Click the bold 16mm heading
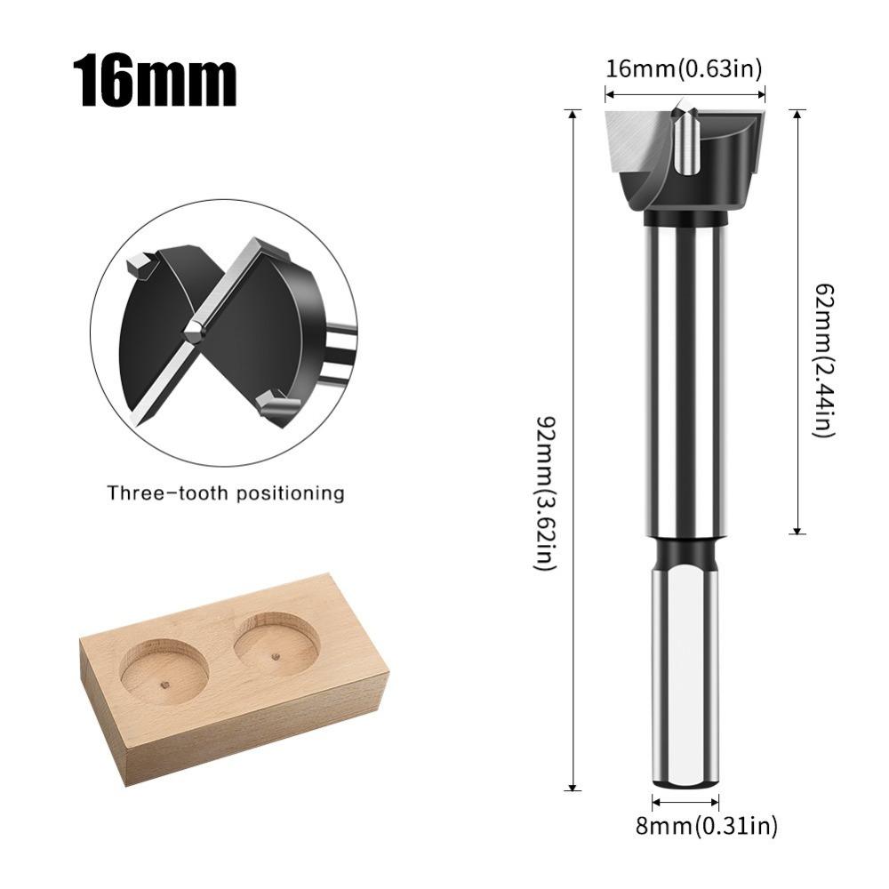click(x=156, y=80)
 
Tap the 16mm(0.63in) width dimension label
click(x=684, y=68)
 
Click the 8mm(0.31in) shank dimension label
click(x=707, y=826)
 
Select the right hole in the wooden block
click(x=276, y=642)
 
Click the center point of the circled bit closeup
click(x=193, y=330)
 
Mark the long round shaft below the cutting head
click(x=685, y=373)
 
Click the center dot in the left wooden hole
click(x=166, y=685)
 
